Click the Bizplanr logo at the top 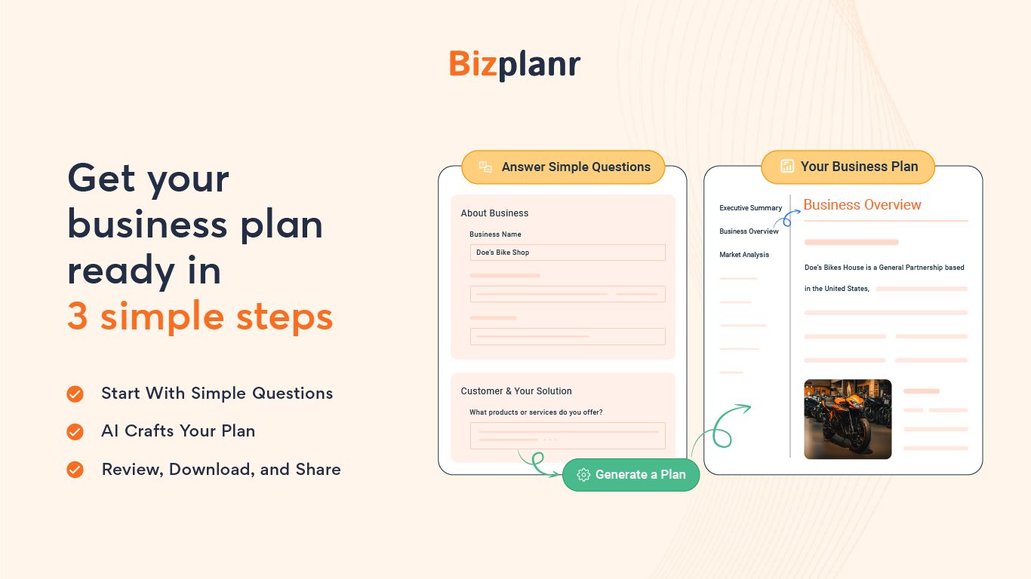click(x=515, y=65)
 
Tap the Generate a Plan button click(x=631, y=475)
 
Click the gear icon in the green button click(x=583, y=475)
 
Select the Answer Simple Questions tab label click(x=575, y=167)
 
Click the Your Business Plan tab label click(x=859, y=167)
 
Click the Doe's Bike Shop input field click(x=567, y=253)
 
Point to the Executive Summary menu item click(x=750, y=208)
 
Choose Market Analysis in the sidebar click(x=744, y=255)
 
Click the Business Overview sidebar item click(x=749, y=231)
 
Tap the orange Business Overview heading click(x=862, y=205)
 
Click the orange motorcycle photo click(x=848, y=419)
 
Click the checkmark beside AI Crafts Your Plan click(x=75, y=431)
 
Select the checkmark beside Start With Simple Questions click(x=75, y=394)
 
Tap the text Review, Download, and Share click(x=220, y=470)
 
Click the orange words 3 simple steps click(x=200, y=317)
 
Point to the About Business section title click(x=494, y=213)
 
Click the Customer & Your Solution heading click(x=516, y=391)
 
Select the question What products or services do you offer click(x=536, y=412)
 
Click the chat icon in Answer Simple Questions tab click(x=486, y=167)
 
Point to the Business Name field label click(x=495, y=234)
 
